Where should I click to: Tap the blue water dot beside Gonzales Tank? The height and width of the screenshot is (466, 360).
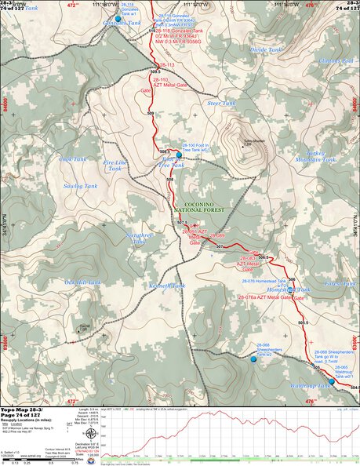click(118, 18)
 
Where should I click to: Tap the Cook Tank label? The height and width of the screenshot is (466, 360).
click(72, 159)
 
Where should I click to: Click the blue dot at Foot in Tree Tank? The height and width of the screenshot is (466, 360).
click(179, 155)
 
